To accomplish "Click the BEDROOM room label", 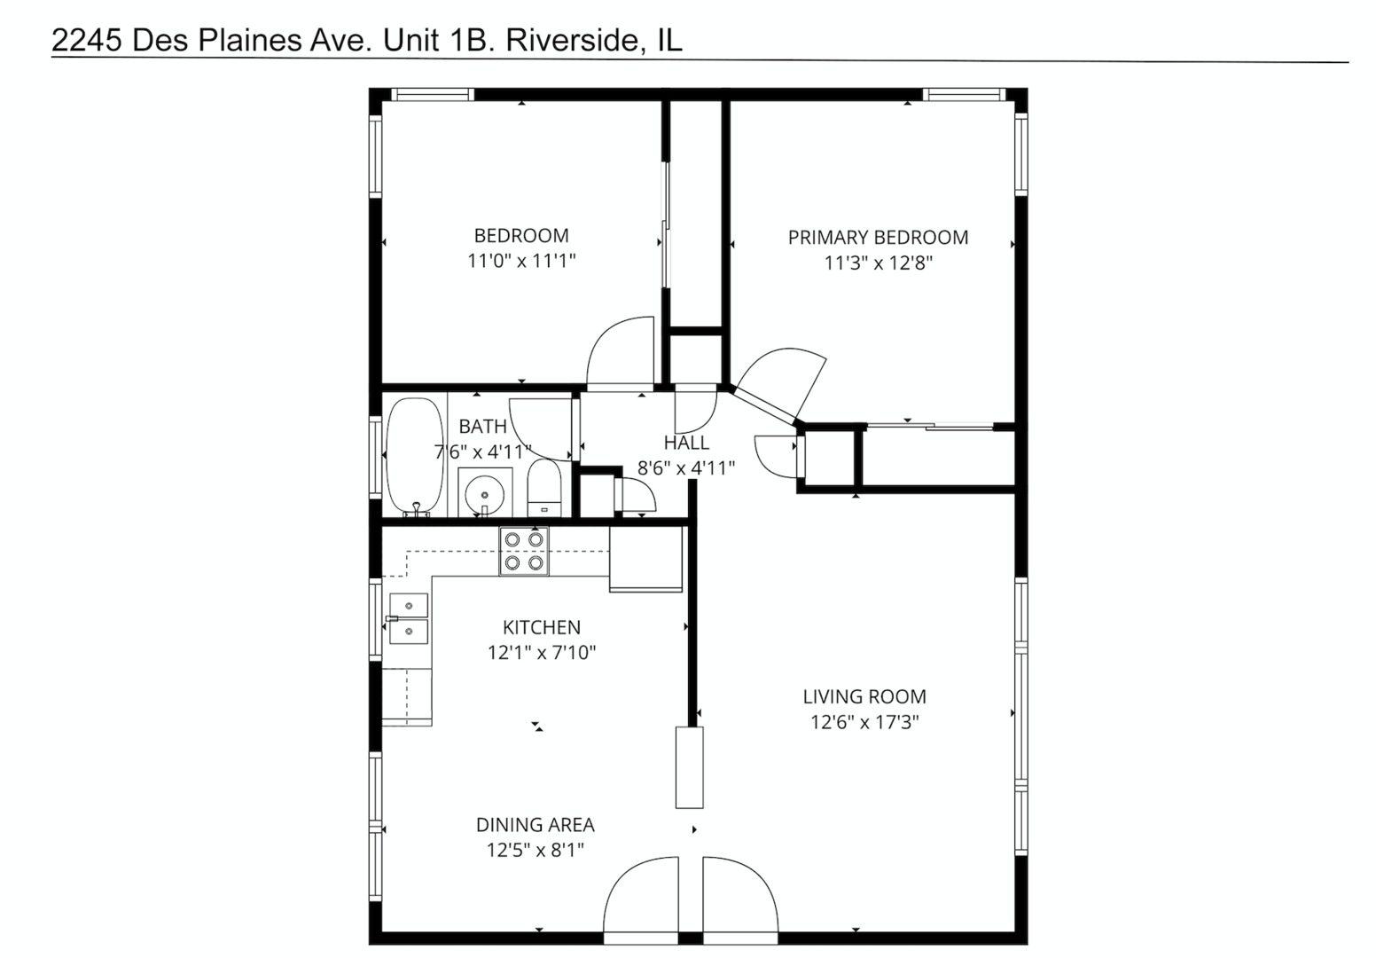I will click(x=521, y=236).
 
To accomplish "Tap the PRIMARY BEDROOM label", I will click(x=878, y=238).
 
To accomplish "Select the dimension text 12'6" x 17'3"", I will click(x=864, y=722).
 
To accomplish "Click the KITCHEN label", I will click(x=542, y=628).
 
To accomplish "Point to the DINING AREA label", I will click(x=536, y=825).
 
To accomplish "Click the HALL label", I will click(x=686, y=443).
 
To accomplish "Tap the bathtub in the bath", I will click(x=414, y=456).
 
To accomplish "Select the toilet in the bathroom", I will click(x=544, y=487).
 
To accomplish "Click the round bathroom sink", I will click(x=484, y=491).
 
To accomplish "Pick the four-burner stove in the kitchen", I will click(x=524, y=551).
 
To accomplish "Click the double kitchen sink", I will click(x=409, y=618).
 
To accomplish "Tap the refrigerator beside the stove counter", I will click(x=645, y=559).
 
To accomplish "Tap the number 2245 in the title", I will click(x=87, y=41).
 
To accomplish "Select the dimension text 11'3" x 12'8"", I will click(x=878, y=263).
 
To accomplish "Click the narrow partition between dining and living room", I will click(x=689, y=767).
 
